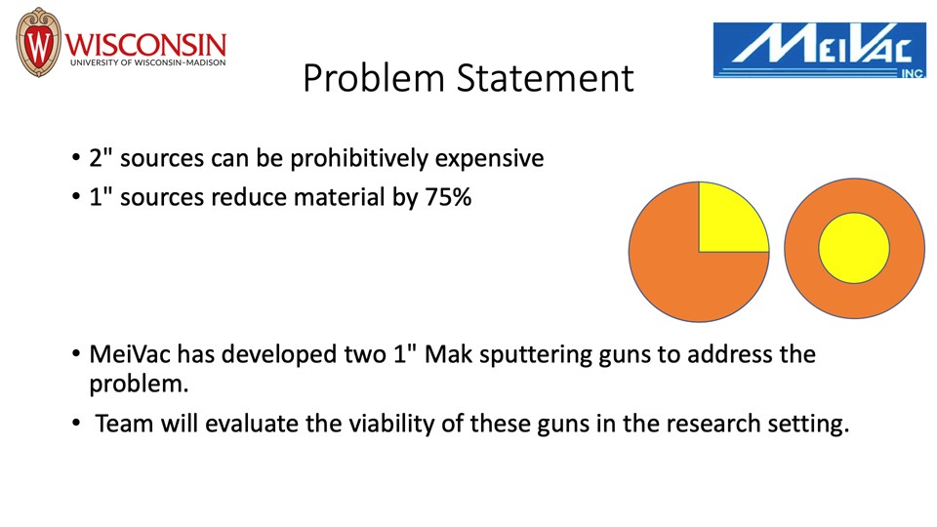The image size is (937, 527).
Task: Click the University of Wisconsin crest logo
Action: point(38,42)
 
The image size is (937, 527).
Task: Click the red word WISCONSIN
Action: point(145,45)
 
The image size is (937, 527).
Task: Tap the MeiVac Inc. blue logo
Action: point(819,50)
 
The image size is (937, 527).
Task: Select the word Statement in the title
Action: point(545,78)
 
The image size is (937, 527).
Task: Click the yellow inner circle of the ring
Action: point(854,248)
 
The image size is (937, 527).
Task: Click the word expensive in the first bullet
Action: point(489,159)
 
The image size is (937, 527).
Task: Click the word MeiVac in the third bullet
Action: point(130,354)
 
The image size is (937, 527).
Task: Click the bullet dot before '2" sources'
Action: point(76,158)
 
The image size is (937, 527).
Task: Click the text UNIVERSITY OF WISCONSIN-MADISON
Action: point(148,62)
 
